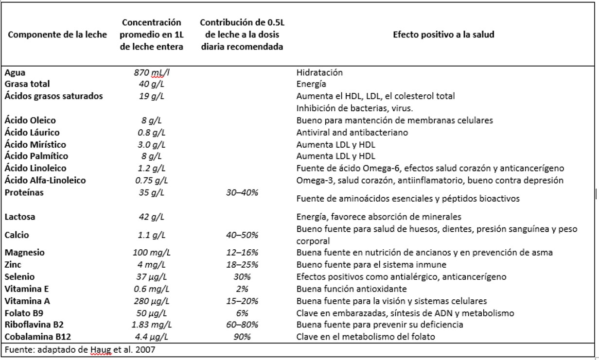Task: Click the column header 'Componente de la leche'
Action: [x=57, y=34]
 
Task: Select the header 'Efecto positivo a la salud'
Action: [x=443, y=34]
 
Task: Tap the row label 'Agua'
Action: [x=15, y=72]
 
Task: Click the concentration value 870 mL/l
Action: [x=151, y=72]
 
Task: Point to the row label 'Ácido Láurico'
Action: [x=32, y=132]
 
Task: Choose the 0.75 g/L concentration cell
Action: [x=151, y=180]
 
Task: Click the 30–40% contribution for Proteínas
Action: [x=242, y=192]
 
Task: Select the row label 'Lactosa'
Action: [x=20, y=217]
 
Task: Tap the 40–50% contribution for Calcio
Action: [x=242, y=235]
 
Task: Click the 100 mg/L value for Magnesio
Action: [x=151, y=252]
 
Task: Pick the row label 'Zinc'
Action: [x=13, y=265]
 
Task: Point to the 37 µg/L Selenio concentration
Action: [x=151, y=276]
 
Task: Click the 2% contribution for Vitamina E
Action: [x=242, y=289]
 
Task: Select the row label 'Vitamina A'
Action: [x=27, y=301]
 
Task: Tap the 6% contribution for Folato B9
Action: [x=242, y=313]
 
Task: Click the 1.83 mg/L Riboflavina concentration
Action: [x=151, y=325]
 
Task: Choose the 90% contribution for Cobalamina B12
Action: [x=242, y=337]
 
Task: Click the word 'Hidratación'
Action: [x=319, y=72]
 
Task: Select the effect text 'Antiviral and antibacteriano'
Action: [x=352, y=132]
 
